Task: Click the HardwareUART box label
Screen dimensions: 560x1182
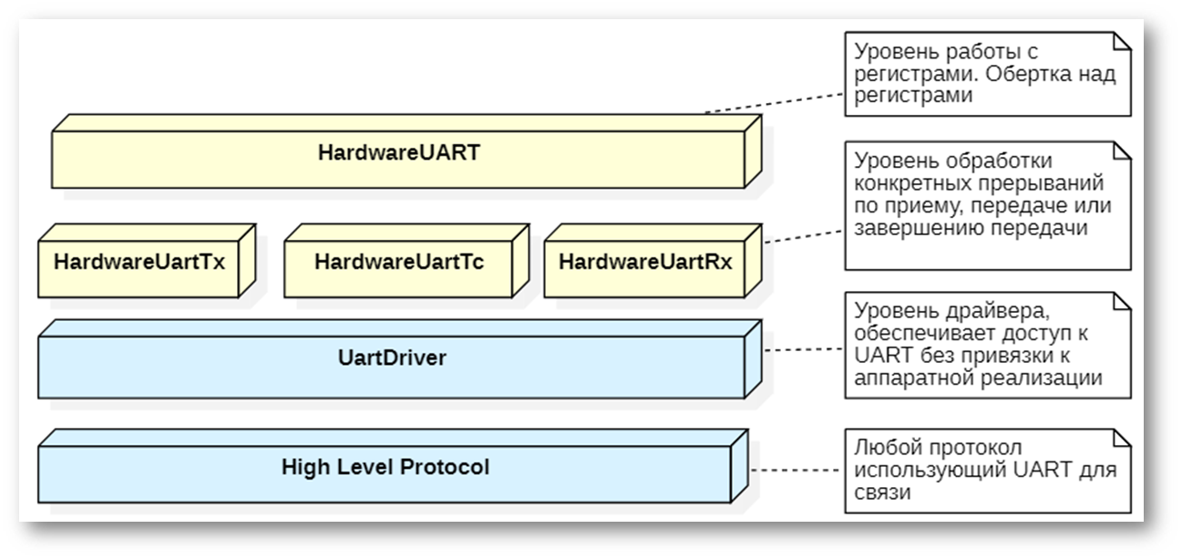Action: [x=398, y=152]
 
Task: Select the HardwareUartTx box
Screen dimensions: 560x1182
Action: [x=139, y=263]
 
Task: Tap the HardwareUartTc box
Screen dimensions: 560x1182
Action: [x=398, y=263]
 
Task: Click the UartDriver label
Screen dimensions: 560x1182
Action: [x=392, y=358]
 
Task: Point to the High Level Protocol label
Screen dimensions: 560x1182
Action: [x=385, y=467]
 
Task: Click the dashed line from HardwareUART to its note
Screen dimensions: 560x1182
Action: [x=775, y=101]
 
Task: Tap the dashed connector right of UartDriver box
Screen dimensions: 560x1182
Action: [x=802, y=348]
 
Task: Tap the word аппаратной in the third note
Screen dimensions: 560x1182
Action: [x=904, y=379]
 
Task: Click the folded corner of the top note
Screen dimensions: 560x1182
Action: [x=1123, y=40]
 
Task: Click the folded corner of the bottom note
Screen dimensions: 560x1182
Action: [x=1123, y=437]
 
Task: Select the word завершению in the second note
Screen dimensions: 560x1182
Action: [x=902, y=228]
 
